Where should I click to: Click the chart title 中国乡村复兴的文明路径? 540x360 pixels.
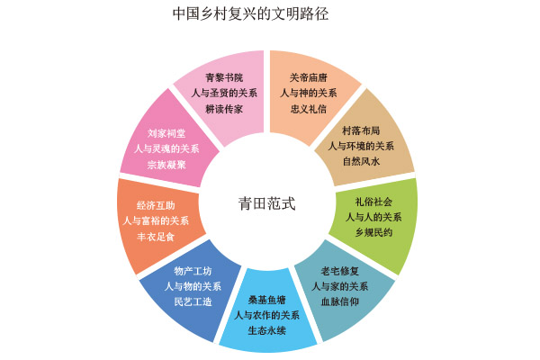270,15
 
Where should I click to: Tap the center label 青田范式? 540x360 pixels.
266,203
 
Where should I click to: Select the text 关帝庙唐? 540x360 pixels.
309,77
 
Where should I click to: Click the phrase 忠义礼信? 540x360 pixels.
309,108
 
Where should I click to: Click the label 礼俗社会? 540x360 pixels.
374,201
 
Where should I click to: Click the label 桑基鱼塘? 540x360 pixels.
266,300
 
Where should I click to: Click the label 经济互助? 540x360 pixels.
156,204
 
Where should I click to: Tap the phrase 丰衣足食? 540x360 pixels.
156,236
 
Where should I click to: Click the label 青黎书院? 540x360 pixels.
224,77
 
